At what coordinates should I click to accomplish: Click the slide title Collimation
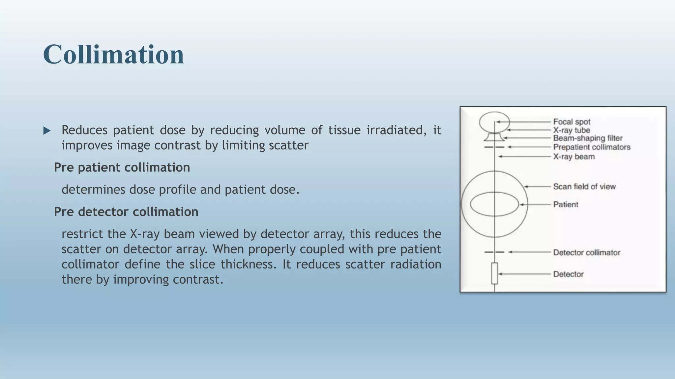113,54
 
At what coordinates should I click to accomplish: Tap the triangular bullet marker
47,131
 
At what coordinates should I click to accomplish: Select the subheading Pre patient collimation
122,167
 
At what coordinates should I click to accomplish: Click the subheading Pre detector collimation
126,212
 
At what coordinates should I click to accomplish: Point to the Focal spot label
572,122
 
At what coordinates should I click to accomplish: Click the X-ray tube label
572,130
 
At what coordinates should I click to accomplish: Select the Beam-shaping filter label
588,138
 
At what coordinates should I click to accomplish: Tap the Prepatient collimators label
592,147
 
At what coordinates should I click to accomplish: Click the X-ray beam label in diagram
574,157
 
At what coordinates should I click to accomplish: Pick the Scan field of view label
584,187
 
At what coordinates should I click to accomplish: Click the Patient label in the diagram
566,204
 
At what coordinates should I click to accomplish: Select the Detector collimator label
586,252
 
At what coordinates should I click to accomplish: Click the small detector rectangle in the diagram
494,273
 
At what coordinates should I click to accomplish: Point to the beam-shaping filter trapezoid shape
494,137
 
